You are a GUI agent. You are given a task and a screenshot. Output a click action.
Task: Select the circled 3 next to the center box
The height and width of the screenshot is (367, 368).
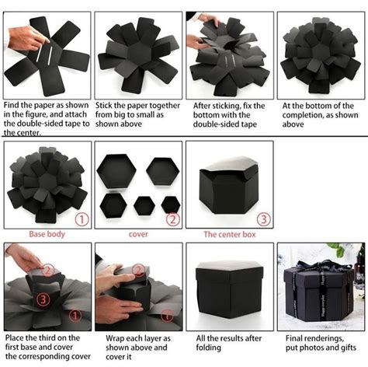point(265,219)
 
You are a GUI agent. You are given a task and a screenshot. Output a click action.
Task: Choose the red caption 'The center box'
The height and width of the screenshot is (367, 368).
point(231,233)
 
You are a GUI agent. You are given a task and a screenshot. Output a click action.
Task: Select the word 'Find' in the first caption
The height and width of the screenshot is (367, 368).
point(15,104)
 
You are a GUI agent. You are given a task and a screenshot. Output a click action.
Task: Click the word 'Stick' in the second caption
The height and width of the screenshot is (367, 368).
point(107,104)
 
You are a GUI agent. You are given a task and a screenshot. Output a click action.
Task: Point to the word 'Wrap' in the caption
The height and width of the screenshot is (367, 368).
point(107,338)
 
